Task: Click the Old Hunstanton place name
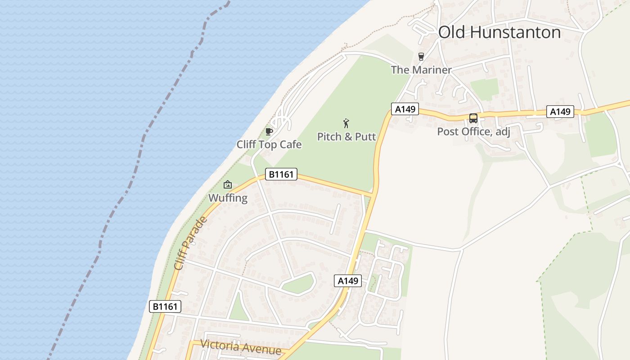[499, 32]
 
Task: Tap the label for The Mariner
[421, 70]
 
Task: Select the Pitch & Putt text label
[346, 136]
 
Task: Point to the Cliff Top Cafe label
[269, 144]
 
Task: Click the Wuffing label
[228, 198]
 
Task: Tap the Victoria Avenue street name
[241, 347]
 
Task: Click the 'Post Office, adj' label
[473, 131]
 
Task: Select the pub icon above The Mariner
[421, 57]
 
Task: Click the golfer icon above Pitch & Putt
[346, 123]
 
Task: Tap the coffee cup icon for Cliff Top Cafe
[269, 131]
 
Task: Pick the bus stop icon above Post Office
[473, 118]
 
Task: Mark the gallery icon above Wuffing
[228, 184]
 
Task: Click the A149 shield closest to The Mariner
[405, 109]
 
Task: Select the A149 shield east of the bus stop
[560, 112]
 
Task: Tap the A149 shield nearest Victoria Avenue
[348, 281]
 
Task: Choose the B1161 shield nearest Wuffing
[281, 174]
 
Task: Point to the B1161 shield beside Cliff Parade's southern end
[165, 307]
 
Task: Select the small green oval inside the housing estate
[298, 284]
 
